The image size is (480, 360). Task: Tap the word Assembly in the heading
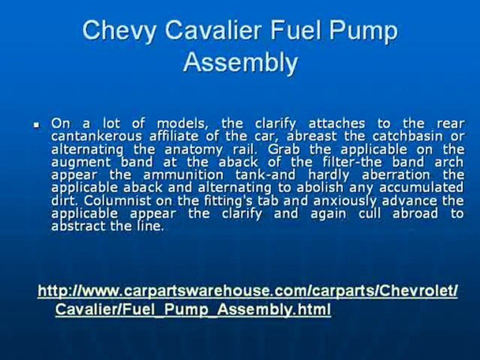[240, 63]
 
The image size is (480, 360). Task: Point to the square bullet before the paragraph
[36, 124]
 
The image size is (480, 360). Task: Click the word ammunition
[182, 175]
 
